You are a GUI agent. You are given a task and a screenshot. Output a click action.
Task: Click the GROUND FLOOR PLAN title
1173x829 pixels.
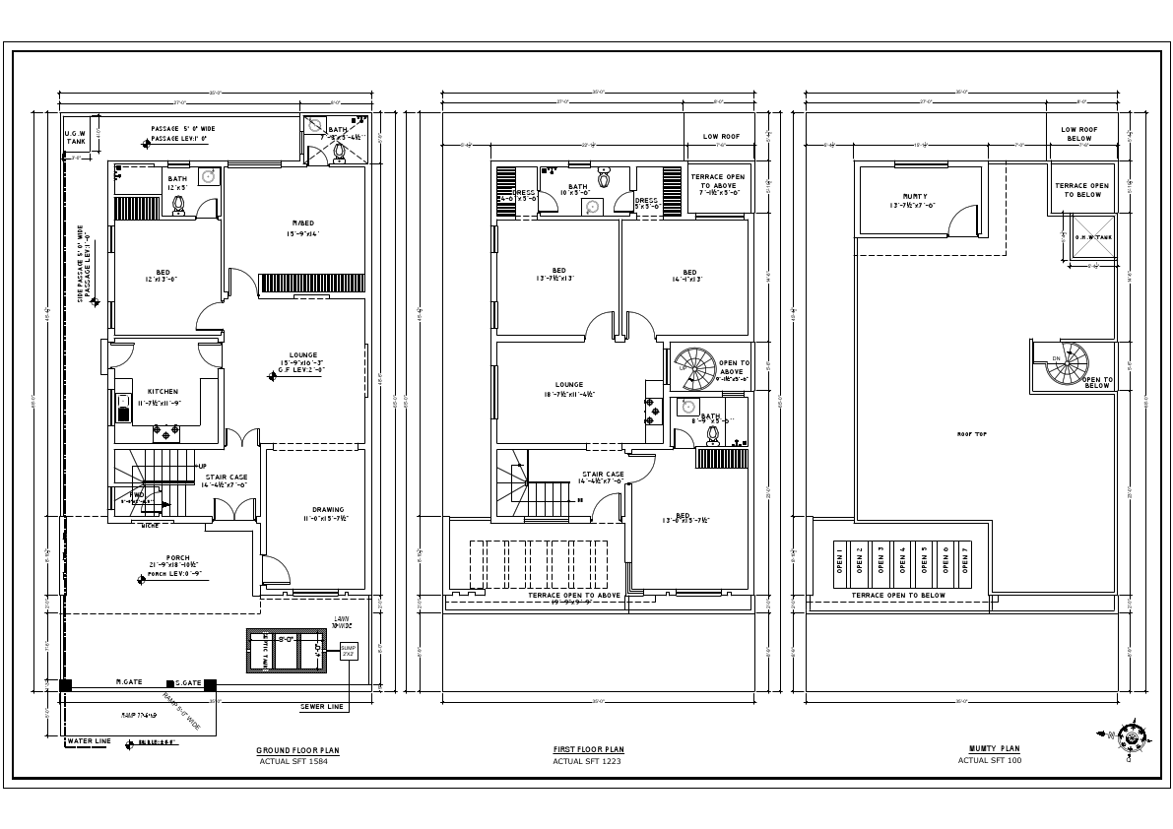pos(297,750)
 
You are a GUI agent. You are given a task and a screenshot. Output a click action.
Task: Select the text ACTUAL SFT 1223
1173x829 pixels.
pos(588,761)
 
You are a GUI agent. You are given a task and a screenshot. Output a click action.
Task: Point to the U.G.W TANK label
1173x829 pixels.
pos(76,137)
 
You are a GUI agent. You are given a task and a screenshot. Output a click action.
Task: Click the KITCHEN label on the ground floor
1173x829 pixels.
pos(163,391)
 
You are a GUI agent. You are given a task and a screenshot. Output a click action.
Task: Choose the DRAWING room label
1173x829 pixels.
pos(328,509)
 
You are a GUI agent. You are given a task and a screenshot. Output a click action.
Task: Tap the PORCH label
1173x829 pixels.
pos(177,557)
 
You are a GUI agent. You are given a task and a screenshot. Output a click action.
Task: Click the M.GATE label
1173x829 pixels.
pos(129,681)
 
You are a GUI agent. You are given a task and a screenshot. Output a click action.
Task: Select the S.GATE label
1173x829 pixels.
pos(188,682)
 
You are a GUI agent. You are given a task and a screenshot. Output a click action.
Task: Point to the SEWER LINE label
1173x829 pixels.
pos(322,707)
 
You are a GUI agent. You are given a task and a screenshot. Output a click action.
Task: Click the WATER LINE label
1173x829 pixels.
pos(88,740)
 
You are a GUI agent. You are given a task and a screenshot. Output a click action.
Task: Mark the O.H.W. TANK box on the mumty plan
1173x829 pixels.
pos(1093,238)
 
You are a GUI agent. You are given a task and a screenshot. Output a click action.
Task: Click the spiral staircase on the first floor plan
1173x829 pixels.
pos(697,368)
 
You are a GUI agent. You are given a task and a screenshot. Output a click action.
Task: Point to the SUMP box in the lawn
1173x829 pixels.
pos(349,652)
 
